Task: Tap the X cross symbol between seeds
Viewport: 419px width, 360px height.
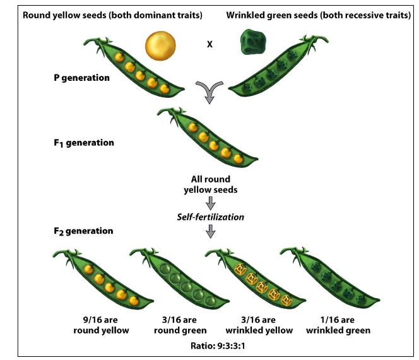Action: point(209,45)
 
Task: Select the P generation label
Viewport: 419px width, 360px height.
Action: point(81,78)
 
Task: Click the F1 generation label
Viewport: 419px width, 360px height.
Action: point(83,143)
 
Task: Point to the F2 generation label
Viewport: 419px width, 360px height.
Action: point(83,231)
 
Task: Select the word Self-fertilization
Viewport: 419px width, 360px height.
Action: point(210,217)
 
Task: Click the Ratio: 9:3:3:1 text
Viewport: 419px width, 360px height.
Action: point(210,345)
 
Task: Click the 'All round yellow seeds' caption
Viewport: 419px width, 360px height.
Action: point(210,184)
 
